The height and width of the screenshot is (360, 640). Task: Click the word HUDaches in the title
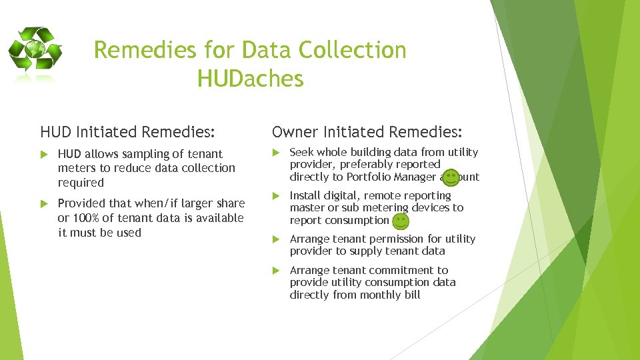[x=250, y=79]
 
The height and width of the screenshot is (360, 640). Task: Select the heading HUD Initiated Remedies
[x=129, y=132]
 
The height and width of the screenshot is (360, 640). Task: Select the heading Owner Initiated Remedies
[x=367, y=132]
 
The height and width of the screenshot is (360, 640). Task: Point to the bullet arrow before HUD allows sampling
[x=45, y=155]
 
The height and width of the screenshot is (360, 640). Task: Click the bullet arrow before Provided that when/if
[x=45, y=203]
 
